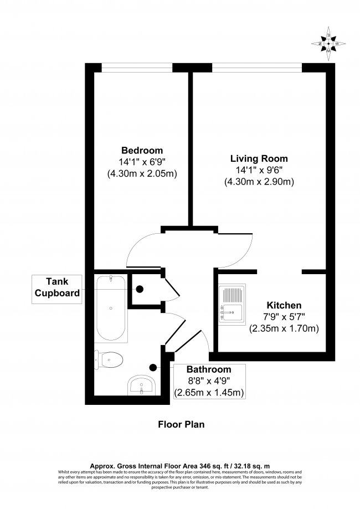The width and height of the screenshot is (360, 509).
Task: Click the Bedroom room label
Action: pos(142,150)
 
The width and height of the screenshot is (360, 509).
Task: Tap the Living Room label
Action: pos(259,158)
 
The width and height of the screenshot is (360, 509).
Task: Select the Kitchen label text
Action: pos(284,305)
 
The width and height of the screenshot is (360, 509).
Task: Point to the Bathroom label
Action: pos(208,369)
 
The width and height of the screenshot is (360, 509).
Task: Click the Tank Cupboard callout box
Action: pos(57,287)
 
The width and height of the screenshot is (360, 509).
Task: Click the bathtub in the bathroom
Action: pos(111,308)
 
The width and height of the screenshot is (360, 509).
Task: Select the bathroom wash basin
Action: pos(143,384)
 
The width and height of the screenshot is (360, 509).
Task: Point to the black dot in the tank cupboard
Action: pos(140,289)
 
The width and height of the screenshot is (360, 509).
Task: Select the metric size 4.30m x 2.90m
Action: pos(259,182)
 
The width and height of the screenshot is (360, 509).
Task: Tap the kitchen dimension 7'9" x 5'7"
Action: pos(284,317)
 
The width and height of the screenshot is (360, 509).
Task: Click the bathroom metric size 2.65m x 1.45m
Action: pos(209,393)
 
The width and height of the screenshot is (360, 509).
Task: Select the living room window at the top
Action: pos(257,67)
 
